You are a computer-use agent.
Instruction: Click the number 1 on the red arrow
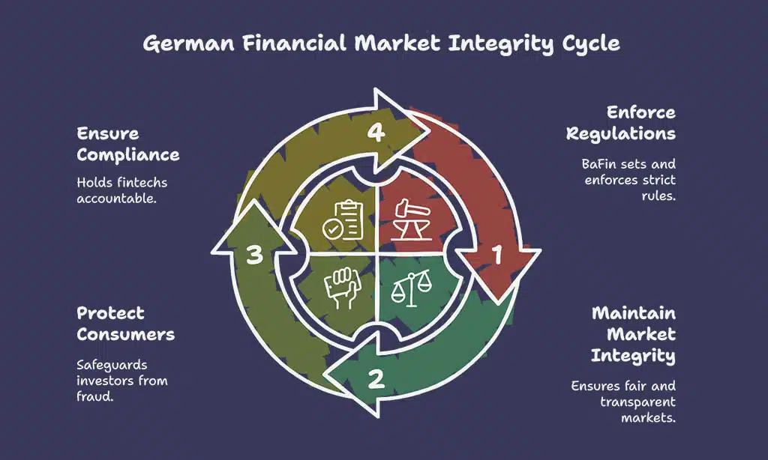495,256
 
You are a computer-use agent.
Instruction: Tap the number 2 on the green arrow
376,378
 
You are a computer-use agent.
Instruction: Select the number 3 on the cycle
255,255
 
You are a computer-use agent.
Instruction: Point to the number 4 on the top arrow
376,133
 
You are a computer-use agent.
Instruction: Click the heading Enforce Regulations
621,124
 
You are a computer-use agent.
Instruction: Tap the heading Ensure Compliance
128,145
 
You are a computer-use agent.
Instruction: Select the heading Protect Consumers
126,324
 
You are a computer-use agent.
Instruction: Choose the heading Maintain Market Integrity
633,334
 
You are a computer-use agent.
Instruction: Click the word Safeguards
112,365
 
